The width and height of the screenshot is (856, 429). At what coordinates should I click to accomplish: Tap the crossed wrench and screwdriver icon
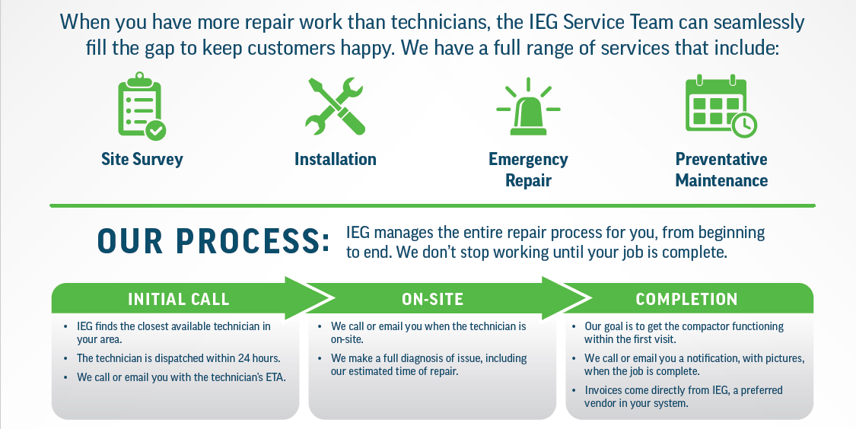coord(335,106)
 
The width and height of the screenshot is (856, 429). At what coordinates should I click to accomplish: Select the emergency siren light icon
coord(528,106)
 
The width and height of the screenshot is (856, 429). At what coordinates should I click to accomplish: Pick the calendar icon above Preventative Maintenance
coord(719,106)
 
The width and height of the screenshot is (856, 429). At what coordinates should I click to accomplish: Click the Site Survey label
coord(142,160)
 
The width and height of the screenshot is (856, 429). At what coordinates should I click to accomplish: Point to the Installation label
coord(336,160)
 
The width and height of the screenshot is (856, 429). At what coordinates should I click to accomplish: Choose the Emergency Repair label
coord(528,170)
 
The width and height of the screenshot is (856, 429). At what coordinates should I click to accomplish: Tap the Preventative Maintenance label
coord(721,170)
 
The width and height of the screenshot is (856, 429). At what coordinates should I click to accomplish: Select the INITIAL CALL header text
coord(179,300)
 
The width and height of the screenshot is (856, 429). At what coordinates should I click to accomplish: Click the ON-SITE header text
coord(432,300)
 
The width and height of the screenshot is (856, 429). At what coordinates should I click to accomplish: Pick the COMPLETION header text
coord(686,300)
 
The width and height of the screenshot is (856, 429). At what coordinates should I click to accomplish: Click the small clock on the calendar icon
coord(743,124)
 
